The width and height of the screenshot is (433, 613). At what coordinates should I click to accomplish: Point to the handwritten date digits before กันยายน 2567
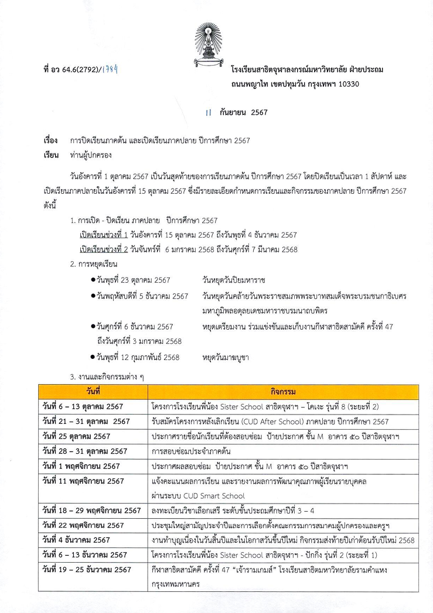pyautogui.click(x=209, y=112)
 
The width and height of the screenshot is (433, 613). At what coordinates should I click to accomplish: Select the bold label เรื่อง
pyautogui.click(x=50, y=141)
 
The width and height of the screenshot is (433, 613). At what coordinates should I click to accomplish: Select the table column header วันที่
pyautogui.click(x=93, y=391)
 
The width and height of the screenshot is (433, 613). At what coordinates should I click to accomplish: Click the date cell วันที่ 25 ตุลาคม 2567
pyautogui.click(x=76, y=436)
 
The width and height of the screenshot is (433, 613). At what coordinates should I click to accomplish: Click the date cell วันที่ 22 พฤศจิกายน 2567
pyautogui.click(x=83, y=525)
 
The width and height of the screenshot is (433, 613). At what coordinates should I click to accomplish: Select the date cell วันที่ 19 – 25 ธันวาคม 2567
pyautogui.click(x=86, y=569)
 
